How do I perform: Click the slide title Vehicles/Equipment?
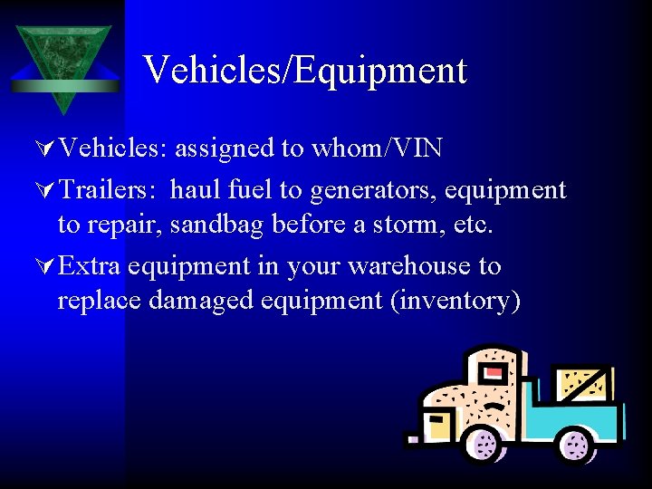tap(304, 70)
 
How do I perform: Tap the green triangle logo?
tap(63, 63)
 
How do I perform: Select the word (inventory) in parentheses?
tap(455, 300)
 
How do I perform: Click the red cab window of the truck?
tap(494, 372)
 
